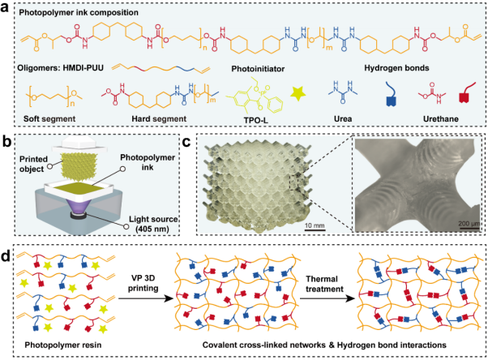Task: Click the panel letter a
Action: click(x=5, y=6)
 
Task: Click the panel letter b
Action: click(x=6, y=141)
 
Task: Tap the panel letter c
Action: click(x=186, y=142)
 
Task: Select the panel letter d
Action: click(x=6, y=256)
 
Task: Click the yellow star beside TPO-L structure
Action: click(x=298, y=93)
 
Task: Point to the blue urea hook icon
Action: click(x=392, y=94)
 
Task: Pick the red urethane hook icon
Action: click(x=466, y=92)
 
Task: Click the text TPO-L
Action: click(x=256, y=120)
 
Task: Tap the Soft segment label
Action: click(x=49, y=119)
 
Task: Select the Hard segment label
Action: click(x=159, y=119)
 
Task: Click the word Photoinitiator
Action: click(x=258, y=69)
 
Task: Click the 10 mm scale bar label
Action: click(x=315, y=225)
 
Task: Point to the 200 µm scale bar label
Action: click(x=469, y=224)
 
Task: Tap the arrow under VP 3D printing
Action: click(x=146, y=298)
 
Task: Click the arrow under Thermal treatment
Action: click(x=327, y=298)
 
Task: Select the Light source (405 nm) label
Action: click(x=153, y=225)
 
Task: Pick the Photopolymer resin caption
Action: click(x=63, y=345)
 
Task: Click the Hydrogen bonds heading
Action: click(x=396, y=68)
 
